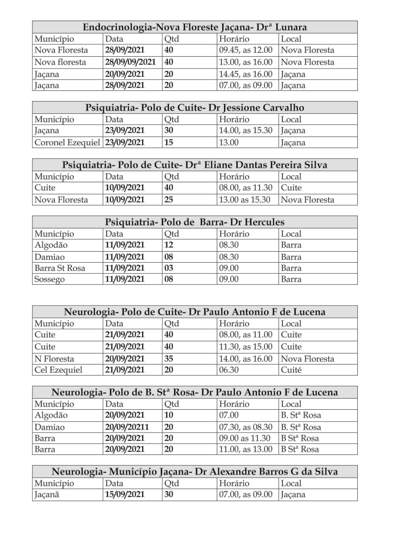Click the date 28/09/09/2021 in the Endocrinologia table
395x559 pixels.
coord(131,62)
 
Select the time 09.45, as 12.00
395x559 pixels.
coord(246,50)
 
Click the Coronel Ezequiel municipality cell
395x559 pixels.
coord(67,142)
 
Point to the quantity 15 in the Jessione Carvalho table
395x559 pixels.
coord(169,142)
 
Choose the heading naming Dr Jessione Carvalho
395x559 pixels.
coord(194,108)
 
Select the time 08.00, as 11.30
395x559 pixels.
coord(246,188)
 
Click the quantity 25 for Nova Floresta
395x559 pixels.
coord(169,200)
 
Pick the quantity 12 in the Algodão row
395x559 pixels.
coord(169,245)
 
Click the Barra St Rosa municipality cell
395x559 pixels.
coord(60,268)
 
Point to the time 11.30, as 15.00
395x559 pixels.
coord(246,347)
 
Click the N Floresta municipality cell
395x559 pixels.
coord(54,359)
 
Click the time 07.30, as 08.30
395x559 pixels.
coord(246,427)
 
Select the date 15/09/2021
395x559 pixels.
coord(125,495)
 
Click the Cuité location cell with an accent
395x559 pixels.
coord(291,370)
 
